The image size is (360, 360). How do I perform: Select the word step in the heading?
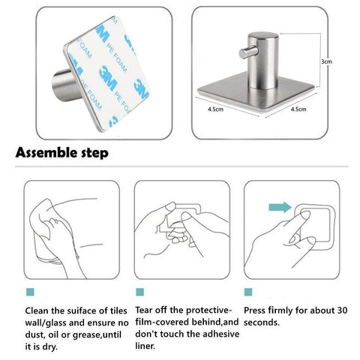pos(96,154)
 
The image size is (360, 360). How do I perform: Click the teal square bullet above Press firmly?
pos(249,290)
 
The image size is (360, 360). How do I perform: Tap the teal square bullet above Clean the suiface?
pos(28,290)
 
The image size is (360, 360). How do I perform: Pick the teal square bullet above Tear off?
pos(139,290)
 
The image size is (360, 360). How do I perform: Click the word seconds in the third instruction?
pos(265,322)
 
